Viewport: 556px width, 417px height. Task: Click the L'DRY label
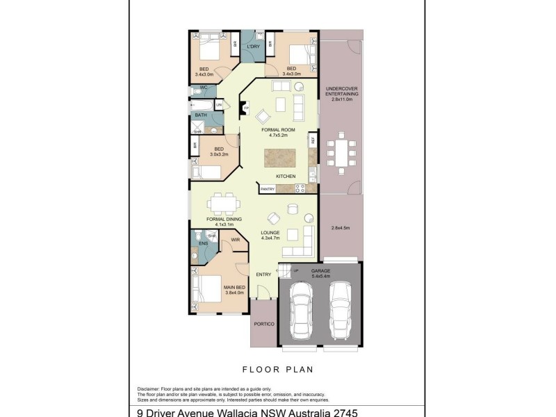click(253, 47)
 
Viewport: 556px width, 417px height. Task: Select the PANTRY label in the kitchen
click(268, 188)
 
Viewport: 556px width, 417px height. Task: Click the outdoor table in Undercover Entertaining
click(341, 151)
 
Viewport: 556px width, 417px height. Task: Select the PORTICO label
click(265, 325)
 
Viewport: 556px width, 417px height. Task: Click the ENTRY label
click(263, 274)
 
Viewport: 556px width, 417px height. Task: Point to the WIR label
click(236, 240)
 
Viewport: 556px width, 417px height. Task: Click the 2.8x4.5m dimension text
click(341, 228)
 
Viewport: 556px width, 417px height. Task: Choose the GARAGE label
click(320, 270)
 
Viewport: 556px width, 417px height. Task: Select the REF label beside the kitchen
click(313, 140)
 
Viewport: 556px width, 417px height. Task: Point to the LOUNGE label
click(270, 233)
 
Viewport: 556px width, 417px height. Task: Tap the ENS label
click(204, 244)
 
